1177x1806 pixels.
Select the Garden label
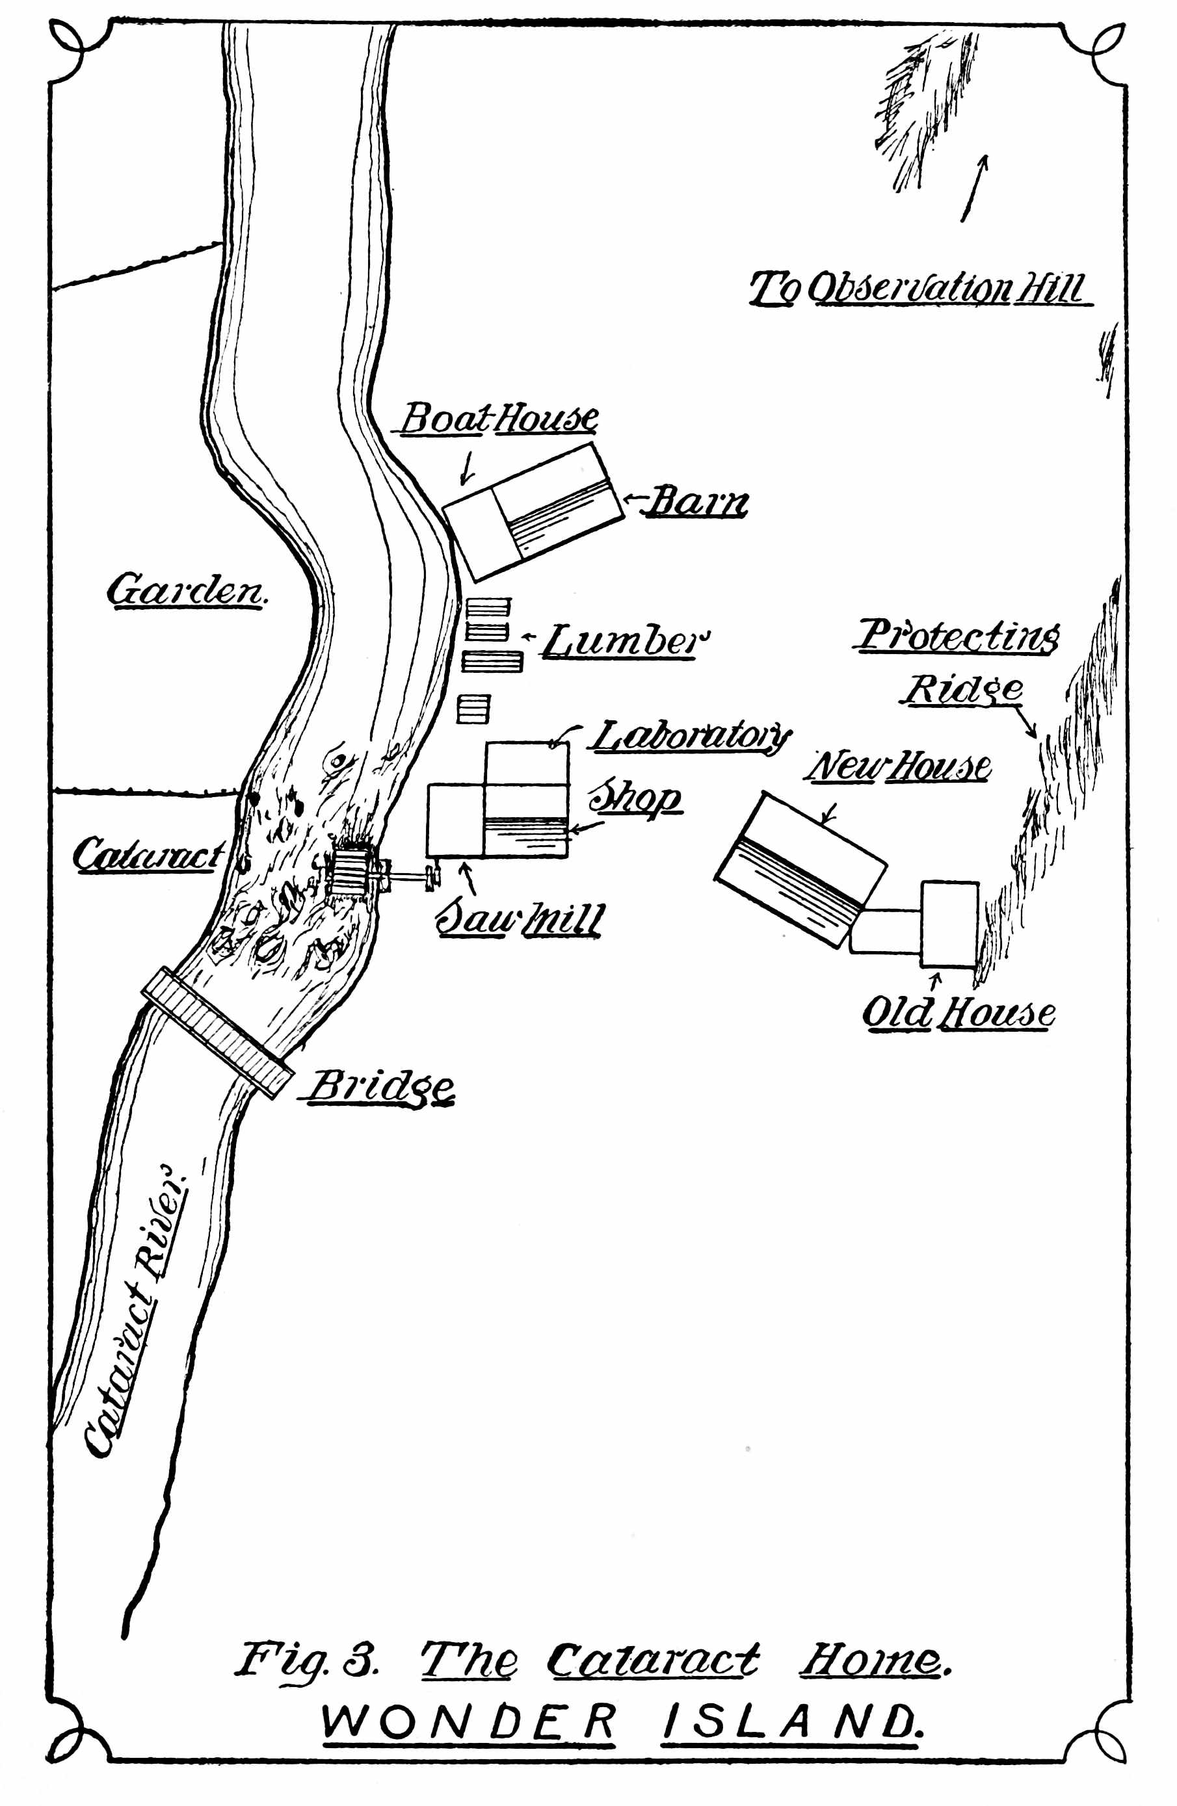click(187, 590)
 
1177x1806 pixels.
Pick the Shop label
click(636, 798)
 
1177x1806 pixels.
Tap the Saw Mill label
click(520, 920)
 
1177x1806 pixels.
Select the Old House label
click(958, 1013)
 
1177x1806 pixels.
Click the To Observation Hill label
click(918, 289)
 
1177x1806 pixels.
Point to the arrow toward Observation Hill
click(974, 188)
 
